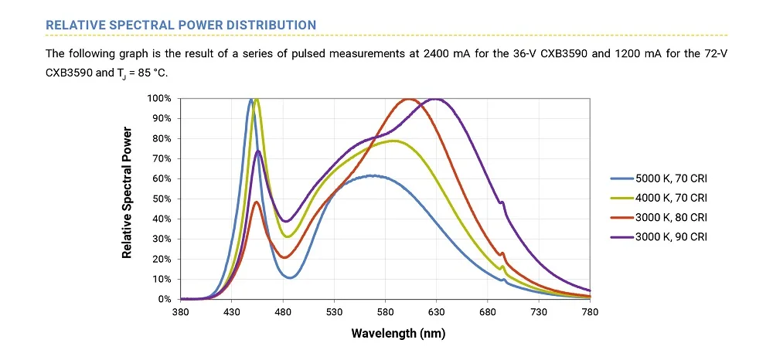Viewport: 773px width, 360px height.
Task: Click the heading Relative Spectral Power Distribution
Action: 181,25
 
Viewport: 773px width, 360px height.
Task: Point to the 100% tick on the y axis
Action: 159,99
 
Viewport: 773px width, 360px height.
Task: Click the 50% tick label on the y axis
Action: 162,199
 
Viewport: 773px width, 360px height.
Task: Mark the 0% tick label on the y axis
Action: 165,299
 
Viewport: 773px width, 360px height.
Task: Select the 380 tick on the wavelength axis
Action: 180,311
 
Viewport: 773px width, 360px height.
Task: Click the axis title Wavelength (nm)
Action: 398,334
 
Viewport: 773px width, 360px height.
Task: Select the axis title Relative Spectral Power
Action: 128,192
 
